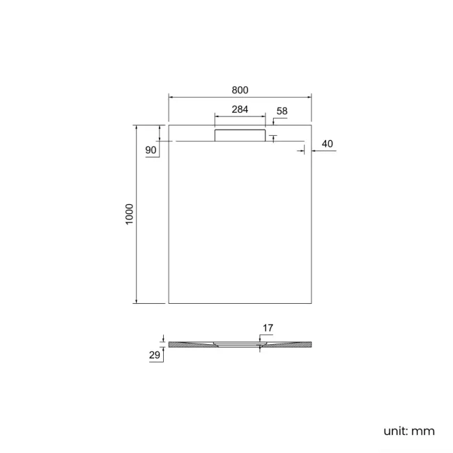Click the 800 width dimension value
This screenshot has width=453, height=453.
240,90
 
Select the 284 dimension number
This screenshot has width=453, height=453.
239,109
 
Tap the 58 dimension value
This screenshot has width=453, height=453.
282,112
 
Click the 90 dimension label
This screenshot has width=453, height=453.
151,151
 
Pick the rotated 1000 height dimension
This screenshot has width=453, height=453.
128,215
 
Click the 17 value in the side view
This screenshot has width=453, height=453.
268,328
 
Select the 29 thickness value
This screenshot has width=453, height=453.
155,355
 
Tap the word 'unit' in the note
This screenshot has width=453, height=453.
396,431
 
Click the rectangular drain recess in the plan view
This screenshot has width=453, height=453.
240,135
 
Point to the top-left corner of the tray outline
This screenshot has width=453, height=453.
169,125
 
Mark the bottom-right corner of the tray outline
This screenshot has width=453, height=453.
310,304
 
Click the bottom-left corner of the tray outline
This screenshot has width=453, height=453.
169,304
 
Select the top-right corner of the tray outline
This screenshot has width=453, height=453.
310,125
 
